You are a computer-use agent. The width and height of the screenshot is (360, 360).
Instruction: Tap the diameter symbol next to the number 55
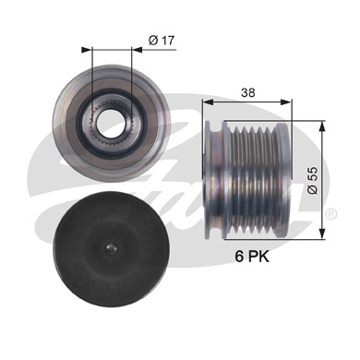pos(313,189)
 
